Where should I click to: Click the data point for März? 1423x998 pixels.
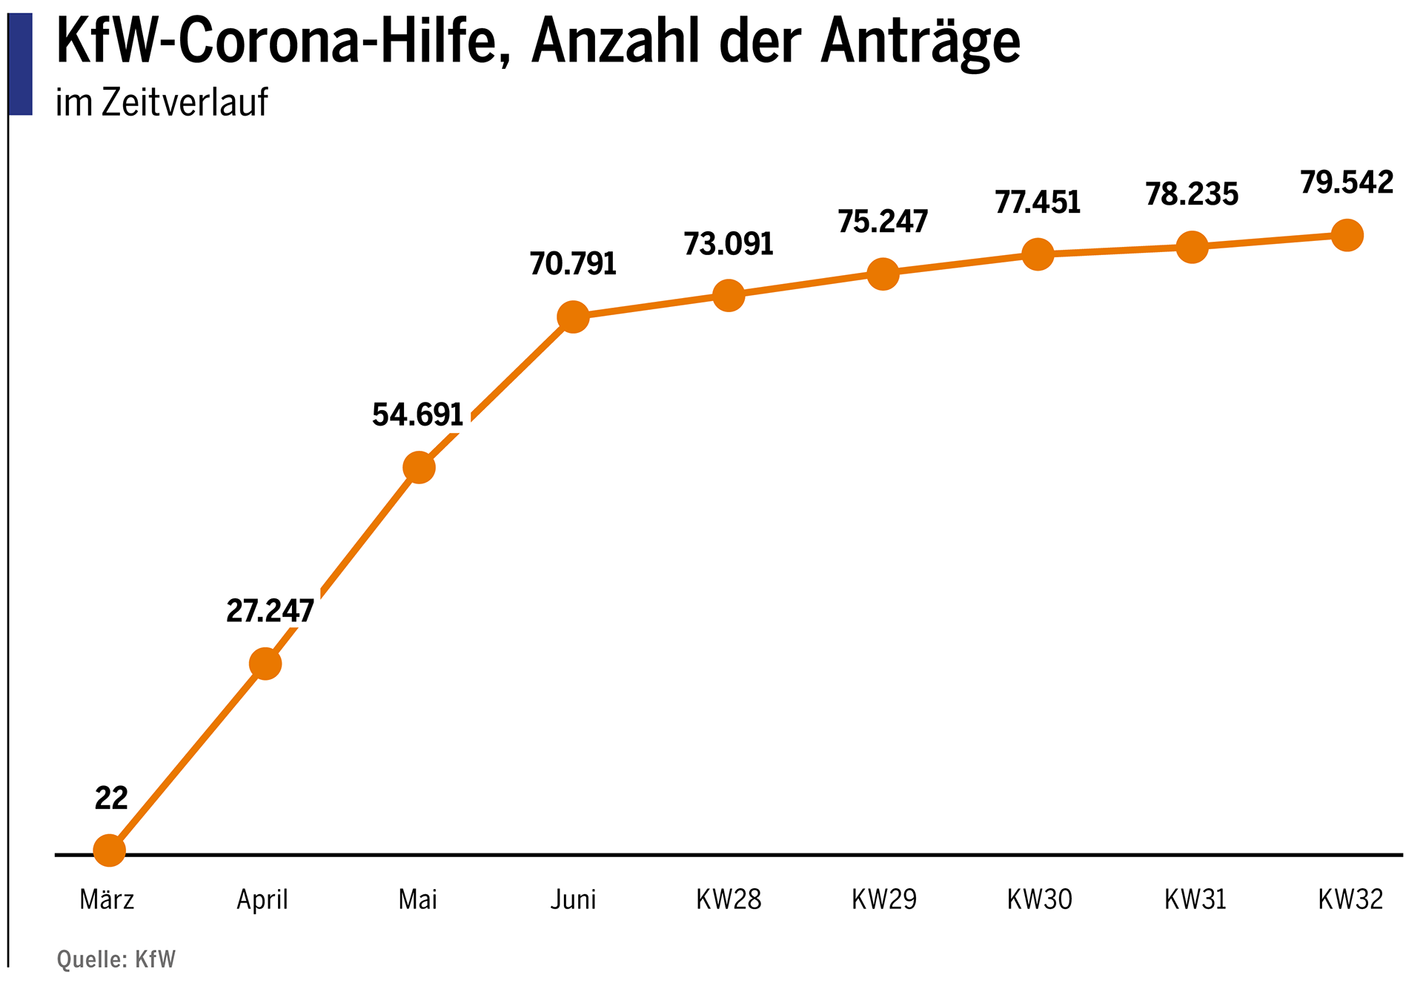point(110,850)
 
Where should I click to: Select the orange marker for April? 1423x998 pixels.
point(265,664)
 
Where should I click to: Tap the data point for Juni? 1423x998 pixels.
point(573,317)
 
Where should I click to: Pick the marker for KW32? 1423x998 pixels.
point(1347,236)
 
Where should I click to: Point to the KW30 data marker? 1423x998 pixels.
point(1038,254)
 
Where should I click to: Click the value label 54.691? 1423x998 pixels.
point(417,414)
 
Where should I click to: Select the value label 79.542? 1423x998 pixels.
point(1347,182)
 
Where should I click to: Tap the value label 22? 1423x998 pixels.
point(111,799)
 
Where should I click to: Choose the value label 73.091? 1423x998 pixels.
point(728,244)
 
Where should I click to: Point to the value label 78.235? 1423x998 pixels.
point(1192,194)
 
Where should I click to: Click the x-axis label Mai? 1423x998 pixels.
point(417,899)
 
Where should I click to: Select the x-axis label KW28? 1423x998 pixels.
point(728,899)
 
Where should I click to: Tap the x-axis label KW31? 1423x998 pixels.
point(1195,899)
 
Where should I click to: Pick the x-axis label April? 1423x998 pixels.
point(262,899)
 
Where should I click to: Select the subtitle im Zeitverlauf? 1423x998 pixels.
point(162,102)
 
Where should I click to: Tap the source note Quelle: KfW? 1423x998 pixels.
point(116,959)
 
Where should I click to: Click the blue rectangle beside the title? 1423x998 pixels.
point(21,64)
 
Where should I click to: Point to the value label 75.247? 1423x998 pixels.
point(883,222)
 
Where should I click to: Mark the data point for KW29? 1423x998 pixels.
point(883,274)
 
